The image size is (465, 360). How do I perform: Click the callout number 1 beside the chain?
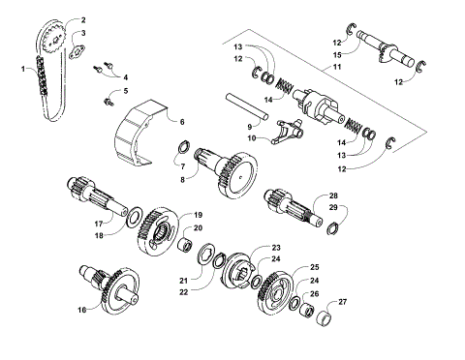pos(22,70)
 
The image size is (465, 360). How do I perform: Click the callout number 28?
pos(333,195)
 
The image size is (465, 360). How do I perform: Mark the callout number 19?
pos(198,214)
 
